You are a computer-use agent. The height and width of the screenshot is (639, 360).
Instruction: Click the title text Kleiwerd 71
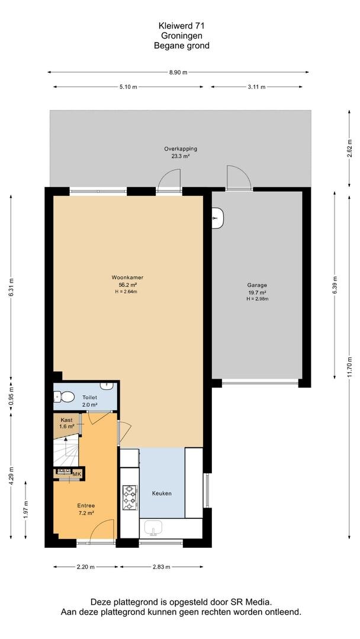(181, 25)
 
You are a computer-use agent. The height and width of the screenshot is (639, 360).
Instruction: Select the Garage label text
(257, 285)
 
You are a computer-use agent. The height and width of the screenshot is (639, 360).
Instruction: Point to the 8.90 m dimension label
(178, 73)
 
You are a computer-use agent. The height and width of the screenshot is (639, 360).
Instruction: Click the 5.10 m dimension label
(128, 87)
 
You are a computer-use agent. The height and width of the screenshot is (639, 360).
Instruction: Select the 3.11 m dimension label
(257, 87)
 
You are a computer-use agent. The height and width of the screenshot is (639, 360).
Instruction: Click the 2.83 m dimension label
(161, 566)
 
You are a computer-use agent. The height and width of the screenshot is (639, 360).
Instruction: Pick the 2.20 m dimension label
(86, 566)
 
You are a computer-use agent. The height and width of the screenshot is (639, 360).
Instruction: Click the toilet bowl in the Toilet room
(65, 396)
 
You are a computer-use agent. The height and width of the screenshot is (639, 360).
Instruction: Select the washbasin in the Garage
(217, 218)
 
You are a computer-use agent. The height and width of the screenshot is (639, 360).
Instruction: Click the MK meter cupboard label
(76, 474)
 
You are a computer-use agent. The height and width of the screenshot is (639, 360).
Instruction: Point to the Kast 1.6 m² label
(67, 423)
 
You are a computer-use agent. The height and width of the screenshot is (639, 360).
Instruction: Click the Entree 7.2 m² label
(86, 509)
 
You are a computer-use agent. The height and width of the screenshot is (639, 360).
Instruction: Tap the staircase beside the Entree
(66, 450)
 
